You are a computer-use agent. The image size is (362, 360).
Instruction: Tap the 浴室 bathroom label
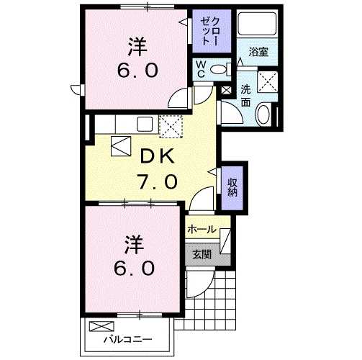[x=258, y=52]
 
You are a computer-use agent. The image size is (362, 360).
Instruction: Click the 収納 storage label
[x=233, y=186]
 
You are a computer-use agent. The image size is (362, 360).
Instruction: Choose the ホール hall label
[x=202, y=230]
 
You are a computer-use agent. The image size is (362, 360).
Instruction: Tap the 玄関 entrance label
[x=201, y=253]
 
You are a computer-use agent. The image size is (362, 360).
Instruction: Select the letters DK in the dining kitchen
[x=157, y=156]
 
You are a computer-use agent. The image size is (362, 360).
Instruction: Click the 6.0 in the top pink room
[x=137, y=73]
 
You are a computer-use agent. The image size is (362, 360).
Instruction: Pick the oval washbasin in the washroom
[x=263, y=114]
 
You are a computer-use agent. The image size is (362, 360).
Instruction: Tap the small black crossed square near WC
[x=227, y=91]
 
